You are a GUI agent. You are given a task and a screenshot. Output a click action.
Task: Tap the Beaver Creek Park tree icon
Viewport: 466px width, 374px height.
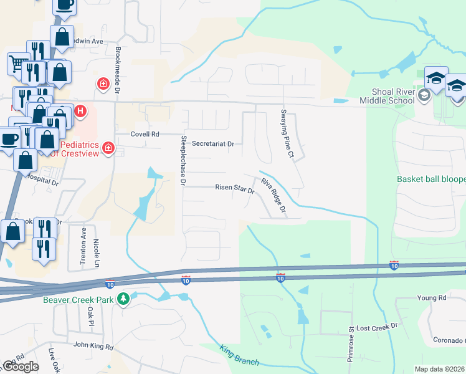(124, 299)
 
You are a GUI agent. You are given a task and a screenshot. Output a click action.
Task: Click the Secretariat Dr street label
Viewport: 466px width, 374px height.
(213, 143)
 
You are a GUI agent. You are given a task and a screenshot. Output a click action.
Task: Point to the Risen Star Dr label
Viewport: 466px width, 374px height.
(235, 188)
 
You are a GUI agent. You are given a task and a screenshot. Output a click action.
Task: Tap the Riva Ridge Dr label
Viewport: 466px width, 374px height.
(273, 196)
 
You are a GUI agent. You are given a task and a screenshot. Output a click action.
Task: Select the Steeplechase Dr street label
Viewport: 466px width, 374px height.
(183, 161)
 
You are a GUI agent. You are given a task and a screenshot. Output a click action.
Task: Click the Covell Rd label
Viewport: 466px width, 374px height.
(145, 134)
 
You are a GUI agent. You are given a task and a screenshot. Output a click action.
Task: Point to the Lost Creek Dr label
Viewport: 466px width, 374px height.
(377, 327)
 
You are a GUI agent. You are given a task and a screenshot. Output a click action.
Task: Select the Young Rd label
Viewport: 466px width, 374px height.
(432, 298)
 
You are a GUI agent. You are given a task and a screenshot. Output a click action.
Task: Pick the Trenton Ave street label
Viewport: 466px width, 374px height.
(83, 248)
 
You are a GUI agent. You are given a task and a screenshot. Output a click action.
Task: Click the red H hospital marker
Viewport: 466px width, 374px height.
(80, 112)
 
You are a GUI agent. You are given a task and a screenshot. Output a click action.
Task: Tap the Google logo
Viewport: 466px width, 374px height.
(21, 367)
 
